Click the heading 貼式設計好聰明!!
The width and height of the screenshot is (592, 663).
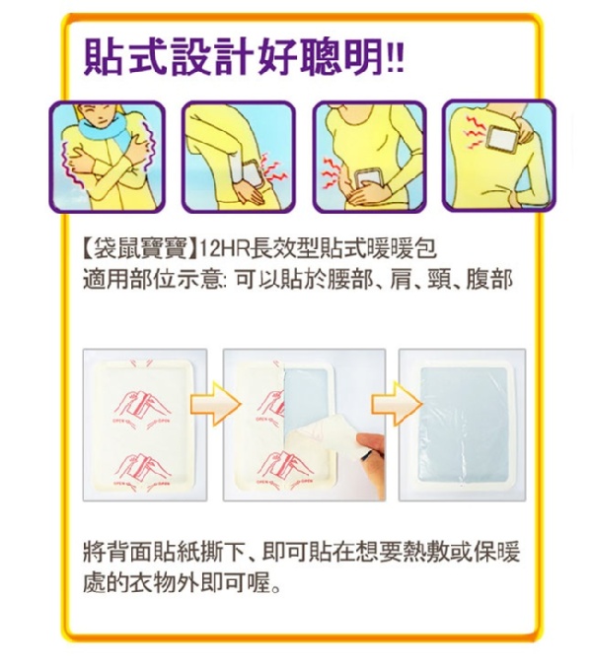pyautogui.click(x=244, y=57)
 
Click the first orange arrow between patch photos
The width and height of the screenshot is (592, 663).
pyautogui.click(x=215, y=403)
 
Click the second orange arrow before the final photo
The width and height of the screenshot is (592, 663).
pyautogui.click(x=397, y=403)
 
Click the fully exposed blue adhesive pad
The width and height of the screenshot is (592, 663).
pyautogui.click(x=464, y=424)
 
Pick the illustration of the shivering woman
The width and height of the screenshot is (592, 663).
pyautogui.click(x=108, y=157)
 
